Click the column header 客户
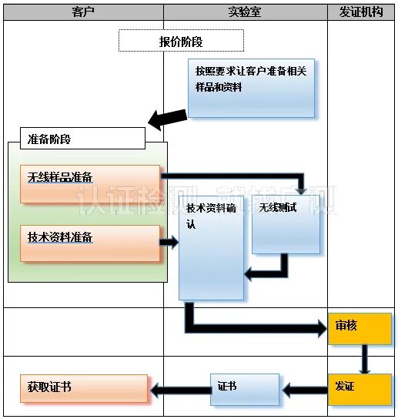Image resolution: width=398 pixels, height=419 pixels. pos(82,12)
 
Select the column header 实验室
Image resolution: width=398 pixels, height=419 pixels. pos(245,12)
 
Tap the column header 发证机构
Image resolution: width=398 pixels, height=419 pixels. pos(361,12)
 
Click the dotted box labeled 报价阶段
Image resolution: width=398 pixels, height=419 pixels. pos(181,41)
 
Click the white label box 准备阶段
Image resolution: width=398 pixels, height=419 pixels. pos(76,139)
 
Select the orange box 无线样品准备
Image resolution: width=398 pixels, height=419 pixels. pos(90,183)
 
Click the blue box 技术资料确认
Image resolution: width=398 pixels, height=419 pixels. pos(211,247)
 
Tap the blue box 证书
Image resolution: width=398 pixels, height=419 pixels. pos(245,390)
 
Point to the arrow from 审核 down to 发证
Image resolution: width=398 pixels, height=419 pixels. pos(365,359)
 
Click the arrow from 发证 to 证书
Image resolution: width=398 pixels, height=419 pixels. pos(303,390)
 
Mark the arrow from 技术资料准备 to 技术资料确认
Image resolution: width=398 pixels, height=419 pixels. pos(169,243)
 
